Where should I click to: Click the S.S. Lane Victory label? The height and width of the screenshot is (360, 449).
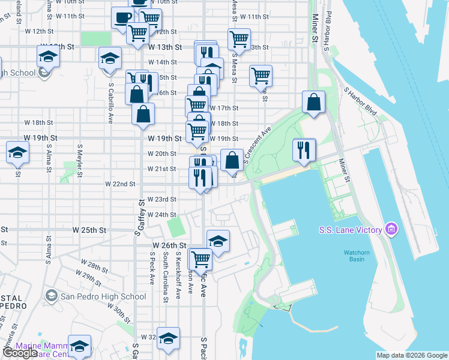click(351, 230)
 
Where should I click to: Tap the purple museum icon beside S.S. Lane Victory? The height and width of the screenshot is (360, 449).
click(391, 229)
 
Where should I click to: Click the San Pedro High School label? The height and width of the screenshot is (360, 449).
click(103, 296)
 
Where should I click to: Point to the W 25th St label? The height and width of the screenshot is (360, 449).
click(89, 230)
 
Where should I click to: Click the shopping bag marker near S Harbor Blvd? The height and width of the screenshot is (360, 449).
click(313, 102)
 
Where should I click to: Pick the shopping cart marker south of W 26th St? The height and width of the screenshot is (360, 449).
click(200, 259)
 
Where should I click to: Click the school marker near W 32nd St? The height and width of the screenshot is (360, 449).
click(169, 337)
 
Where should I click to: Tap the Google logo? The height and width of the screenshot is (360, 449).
click(20, 353)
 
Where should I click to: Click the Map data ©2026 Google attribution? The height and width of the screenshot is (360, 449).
click(412, 355)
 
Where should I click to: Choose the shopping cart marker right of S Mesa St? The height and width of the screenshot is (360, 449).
click(261, 76)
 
